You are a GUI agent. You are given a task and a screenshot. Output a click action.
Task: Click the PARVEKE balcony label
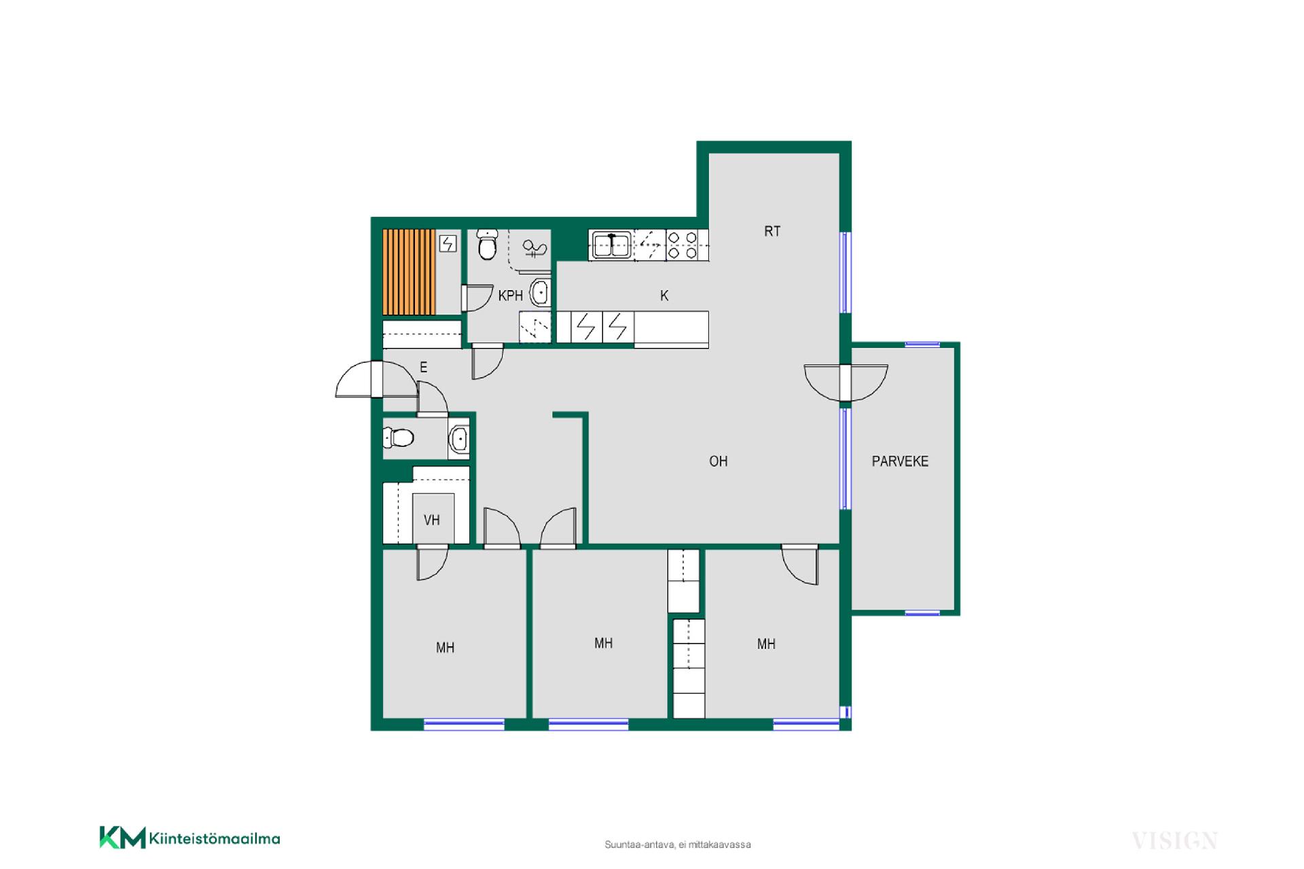click(900, 461)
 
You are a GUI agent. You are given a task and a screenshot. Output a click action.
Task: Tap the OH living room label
click(718, 461)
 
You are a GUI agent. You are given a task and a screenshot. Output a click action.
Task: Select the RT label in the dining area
click(772, 231)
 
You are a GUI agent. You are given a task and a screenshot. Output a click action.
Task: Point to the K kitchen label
click(664, 296)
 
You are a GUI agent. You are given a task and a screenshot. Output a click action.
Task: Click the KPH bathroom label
click(511, 296)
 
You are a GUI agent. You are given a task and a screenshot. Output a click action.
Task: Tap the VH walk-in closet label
click(432, 520)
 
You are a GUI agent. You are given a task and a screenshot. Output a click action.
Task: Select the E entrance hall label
click(423, 368)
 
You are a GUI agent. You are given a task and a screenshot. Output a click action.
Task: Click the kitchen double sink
click(612, 245)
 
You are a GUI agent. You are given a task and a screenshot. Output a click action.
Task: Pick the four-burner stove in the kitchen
click(682, 245)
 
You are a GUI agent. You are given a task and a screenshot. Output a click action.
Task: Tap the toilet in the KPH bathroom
click(487, 245)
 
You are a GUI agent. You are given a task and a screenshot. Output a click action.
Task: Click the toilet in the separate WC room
click(399, 437)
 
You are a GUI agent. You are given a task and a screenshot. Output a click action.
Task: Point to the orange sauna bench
click(409, 272)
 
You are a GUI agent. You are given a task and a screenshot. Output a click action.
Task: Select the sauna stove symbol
click(448, 243)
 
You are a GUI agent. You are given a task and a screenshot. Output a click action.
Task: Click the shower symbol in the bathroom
click(535, 249)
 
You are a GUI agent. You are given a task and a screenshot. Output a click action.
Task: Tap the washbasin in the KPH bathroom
click(539, 293)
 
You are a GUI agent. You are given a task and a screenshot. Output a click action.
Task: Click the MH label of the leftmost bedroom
click(445, 648)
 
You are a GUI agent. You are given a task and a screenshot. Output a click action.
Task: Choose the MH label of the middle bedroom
click(603, 643)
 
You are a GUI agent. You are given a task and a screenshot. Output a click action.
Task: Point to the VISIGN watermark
click(1174, 841)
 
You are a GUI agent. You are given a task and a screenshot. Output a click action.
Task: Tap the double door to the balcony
click(846, 383)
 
